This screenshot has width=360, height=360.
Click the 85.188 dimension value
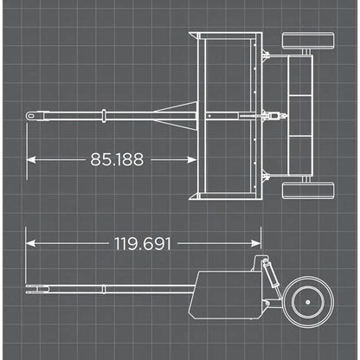click(x=117, y=158)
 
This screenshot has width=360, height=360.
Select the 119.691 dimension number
click(x=143, y=243)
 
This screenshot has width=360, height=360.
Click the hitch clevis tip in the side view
click(x=30, y=287)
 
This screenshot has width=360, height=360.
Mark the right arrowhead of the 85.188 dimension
click(x=191, y=158)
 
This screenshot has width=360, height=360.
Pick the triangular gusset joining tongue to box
click(x=177, y=114)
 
